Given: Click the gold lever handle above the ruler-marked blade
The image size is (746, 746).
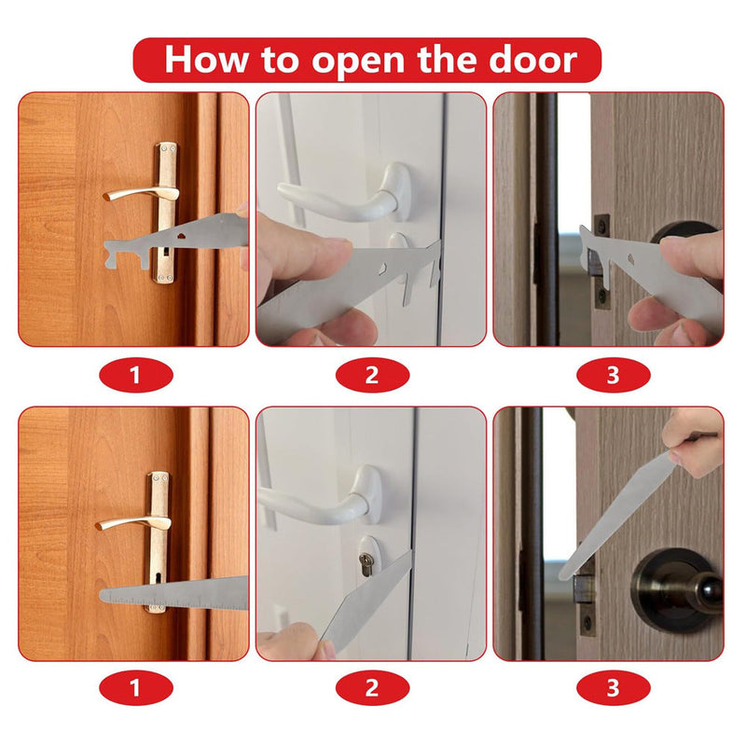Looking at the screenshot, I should point(131,522).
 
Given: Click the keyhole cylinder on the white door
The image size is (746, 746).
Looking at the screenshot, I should point(366,563).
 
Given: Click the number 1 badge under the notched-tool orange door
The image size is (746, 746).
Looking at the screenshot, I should point(134,376).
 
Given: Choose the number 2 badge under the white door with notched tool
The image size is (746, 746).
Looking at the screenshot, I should point(371,376).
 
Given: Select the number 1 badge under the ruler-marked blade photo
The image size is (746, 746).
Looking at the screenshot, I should point(134,689).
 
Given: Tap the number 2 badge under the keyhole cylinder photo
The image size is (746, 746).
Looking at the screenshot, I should point(371,689).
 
